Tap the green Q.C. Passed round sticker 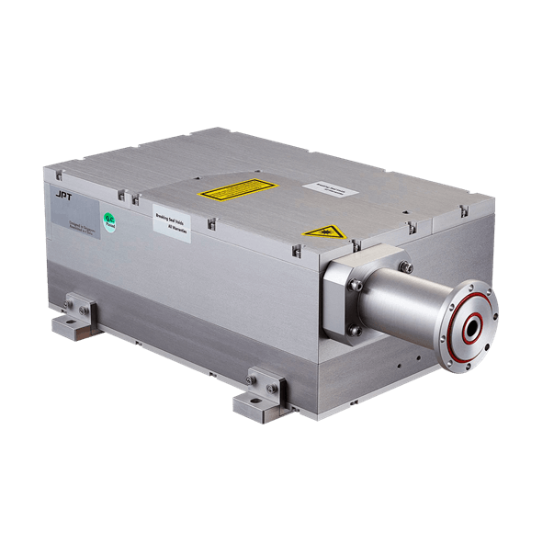(107, 219)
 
